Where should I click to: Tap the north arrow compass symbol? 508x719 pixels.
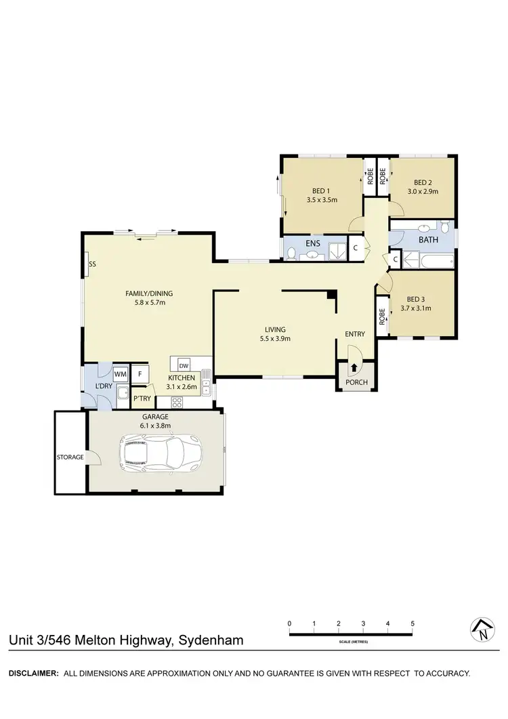(x=481, y=630)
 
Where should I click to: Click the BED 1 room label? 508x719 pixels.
(x=322, y=190)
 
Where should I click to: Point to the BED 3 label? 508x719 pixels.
(x=416, y=299)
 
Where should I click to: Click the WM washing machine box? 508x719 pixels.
(x=121, y=373)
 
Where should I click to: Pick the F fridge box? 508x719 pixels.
(x=140, y=373)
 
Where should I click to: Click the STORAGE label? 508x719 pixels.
(x=70, y=457)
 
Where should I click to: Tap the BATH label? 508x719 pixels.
(x=428, y=240)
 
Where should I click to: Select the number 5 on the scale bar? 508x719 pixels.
(x=412, y=623)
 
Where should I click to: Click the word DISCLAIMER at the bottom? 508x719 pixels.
(x=32, y=674)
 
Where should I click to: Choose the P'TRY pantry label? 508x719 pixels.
(x=142, y=398)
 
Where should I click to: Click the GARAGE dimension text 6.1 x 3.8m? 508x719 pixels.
(x=156, y=426)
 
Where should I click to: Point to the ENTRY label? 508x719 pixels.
(x=355, y=334)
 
